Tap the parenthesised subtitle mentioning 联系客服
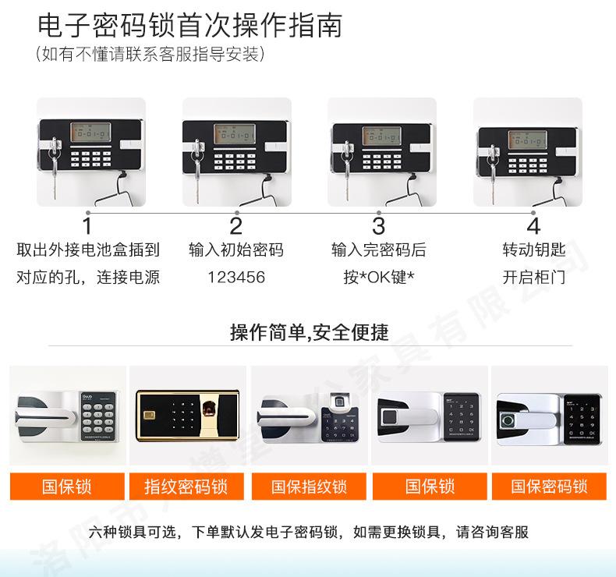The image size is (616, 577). click(x=150, y=55)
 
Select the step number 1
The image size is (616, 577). click(x=87, y=226)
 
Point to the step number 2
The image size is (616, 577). click(x=235, y=226)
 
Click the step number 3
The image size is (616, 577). click(x=379, y=226)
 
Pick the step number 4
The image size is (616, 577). click(x=533, y=226)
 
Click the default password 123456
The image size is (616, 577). click(x=235, y=277)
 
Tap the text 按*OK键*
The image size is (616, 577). click(x=379, y=277)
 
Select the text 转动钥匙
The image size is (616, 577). click(x=533, y=250)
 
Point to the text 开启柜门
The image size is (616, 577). click(x=533, y=277)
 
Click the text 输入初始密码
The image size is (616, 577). click(x=235, y=250)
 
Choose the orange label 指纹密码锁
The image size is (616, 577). click(x=186, y=487)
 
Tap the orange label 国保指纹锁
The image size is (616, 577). click(x=309, y=487)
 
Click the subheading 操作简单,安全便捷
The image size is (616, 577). click(x=309, y=333)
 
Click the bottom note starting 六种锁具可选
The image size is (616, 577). click(x=309, y=533)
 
